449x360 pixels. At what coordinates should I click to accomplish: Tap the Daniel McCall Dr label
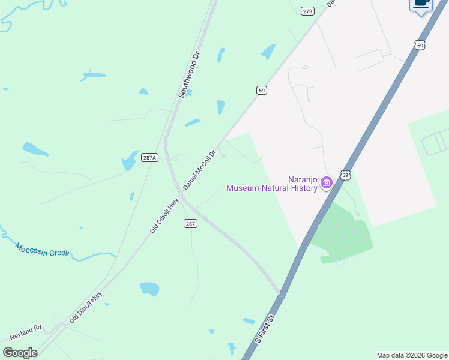[199, 170]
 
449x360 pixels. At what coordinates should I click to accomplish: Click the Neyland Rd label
[25, 329]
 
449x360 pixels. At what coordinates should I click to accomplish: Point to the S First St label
[264, 329]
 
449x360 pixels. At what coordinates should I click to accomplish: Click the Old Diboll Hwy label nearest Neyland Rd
[85, 307]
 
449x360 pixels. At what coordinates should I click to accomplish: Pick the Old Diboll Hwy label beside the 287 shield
[164, 217]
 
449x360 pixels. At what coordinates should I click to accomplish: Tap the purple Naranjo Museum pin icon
[327, 182]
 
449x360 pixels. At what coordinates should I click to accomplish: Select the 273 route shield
[307, 11]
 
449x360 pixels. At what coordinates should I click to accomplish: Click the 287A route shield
[149, 158]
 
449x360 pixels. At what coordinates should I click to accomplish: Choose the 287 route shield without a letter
[190, 223]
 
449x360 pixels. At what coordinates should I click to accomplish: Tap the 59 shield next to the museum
[345, 175]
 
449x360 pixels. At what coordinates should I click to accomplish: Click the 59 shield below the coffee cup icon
[420, 45]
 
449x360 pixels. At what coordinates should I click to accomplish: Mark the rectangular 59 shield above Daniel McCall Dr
[261, 90]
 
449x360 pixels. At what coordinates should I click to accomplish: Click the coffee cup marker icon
[421, 4]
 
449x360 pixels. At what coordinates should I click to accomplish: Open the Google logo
[20, 353]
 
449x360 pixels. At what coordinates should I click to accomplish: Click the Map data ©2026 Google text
[411, 355]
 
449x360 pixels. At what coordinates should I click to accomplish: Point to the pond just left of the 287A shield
[130, 160]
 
